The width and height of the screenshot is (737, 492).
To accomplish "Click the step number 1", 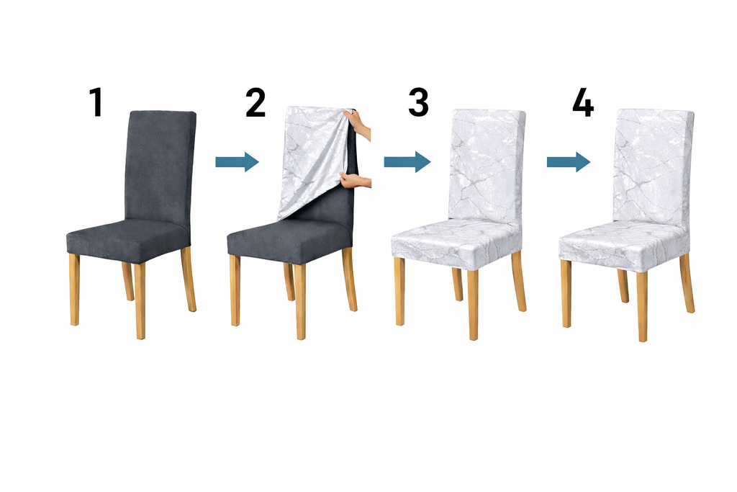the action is tap(96, 102).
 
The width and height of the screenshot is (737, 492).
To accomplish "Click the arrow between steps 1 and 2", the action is tap(237, 162).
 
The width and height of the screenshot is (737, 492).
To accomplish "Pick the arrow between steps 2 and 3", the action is tap(407, 162).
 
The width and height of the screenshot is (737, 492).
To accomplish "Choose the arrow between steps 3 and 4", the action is tap(569, 162).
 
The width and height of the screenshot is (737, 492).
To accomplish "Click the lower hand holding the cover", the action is tap(356, 180).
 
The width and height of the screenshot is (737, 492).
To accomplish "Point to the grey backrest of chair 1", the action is tap(160, 166).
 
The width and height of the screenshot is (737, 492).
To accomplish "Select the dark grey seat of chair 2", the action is tap(288, 240).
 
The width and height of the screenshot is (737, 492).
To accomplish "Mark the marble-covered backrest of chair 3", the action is tap(487, 166).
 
